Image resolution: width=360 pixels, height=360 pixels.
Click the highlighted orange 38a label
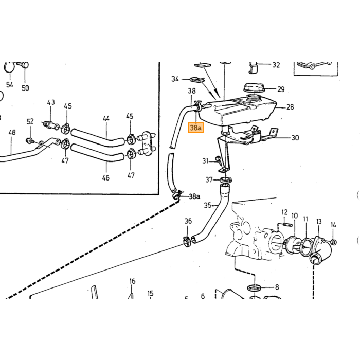pyautogui.click(x=195, y=128)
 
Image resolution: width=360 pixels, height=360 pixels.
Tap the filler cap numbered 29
pyautogui.click(x=254, y=88)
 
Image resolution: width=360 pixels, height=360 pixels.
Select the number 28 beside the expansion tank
pyautogui.click(x=290, y=107)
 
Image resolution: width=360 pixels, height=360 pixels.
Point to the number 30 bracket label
pyautogui.click(x=295, y=138)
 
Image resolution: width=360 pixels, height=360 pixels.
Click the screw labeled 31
pyautogui.click(x=219, y=161)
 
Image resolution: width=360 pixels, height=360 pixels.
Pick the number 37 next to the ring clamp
pyautogui.click(x=209, y=179)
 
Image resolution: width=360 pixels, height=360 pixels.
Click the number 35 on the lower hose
pyautogui.click(x=208, y=205)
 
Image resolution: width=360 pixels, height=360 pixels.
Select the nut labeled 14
pyautogui.click(x=334, y=242)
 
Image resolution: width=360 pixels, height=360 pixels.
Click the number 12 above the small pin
pyautogui.click(x=284, y=212)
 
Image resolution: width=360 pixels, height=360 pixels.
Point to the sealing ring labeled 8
pyautogui.click(x=254, y=287)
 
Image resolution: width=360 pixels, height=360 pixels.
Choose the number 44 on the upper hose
pyautogui.click(x=106, y=118)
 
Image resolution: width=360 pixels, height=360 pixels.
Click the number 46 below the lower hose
pyautogui.click(x=105, y=178)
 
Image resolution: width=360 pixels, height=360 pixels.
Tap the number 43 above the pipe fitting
pyautogui.click(x=51, y=102)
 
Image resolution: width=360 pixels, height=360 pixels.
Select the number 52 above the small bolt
pyautogui.click(x=30, y=121)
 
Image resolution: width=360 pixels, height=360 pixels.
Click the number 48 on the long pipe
pyautogui.click(x=12, y=132)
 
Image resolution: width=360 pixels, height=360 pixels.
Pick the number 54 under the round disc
pyautogui.click(x=9, y=85)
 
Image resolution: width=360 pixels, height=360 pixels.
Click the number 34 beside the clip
pyautogui.click(x=175, y=79)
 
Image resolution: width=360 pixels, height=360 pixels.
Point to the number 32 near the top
pyautogui.click(x=276, y=65)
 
